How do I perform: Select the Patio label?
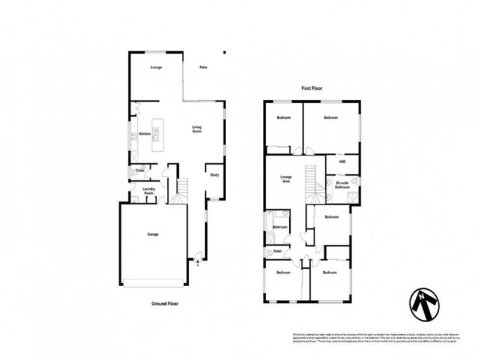[x=203, y=67]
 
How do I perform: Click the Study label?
[x=214, y=175]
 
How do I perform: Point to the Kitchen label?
[x=144, y=134]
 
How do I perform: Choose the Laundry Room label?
[x=149, y=191]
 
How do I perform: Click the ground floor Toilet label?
[x=140, y=171]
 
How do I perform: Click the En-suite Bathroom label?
[x=343, y=185]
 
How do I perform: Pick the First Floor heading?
[x=312, y=88]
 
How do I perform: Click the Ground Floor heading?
[x=164, y=304]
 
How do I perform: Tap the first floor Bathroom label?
[x=280, y=227]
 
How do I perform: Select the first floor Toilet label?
[x=277, y=251]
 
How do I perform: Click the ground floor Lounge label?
[x=156, y=67]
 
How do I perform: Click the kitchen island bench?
[x=157, y=134]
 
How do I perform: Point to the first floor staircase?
[x=311, y=183]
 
